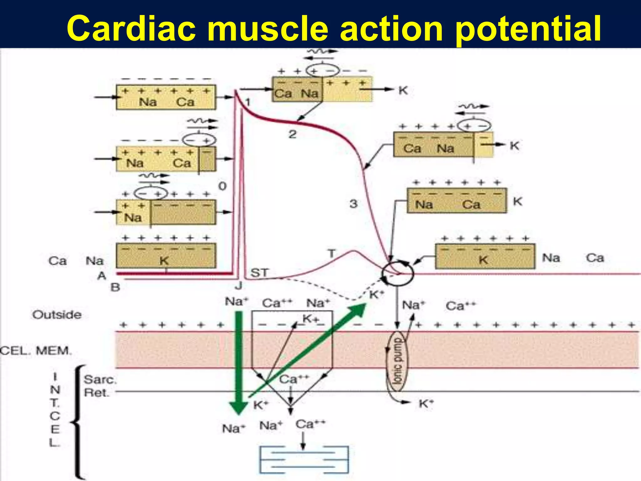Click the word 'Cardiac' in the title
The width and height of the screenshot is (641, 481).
[131, 29]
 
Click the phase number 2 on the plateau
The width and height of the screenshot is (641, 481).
[292, 134]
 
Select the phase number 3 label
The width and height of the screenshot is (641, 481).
[353, 204]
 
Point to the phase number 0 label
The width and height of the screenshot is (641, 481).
[222, 186]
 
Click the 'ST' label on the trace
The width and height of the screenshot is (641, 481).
[259, 272]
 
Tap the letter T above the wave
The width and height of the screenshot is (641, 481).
[331, 253]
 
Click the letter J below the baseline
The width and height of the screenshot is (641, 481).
[238, 286]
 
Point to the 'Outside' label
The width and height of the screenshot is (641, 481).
[57, 315]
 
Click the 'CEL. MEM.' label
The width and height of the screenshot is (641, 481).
[36, 350]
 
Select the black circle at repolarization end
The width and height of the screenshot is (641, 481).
[397, 273]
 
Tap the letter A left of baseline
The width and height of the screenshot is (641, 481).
[102, 276]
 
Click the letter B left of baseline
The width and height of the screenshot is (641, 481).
[115, 287]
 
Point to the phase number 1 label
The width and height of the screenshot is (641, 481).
[248, 102]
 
